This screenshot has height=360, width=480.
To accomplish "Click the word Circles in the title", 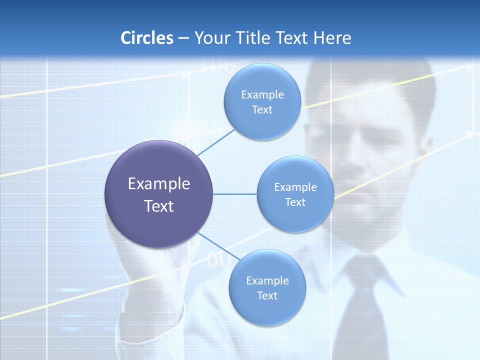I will click(x=146, y=38).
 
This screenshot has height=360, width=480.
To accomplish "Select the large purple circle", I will click(x=158, y=194).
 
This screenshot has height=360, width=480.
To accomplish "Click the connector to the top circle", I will click(x=216, y=142).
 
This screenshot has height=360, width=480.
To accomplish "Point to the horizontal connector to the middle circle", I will click(x=235, y=194).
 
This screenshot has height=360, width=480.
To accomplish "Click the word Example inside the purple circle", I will click(x=158, y=184).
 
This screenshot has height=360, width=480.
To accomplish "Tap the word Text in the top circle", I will click(x=262, y=110).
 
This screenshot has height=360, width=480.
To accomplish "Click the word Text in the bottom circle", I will click(x=267, y=296).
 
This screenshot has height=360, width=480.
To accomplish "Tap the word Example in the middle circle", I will click(x=295, y=187).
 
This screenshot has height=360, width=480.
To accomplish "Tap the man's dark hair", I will click(x=370, y=75).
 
